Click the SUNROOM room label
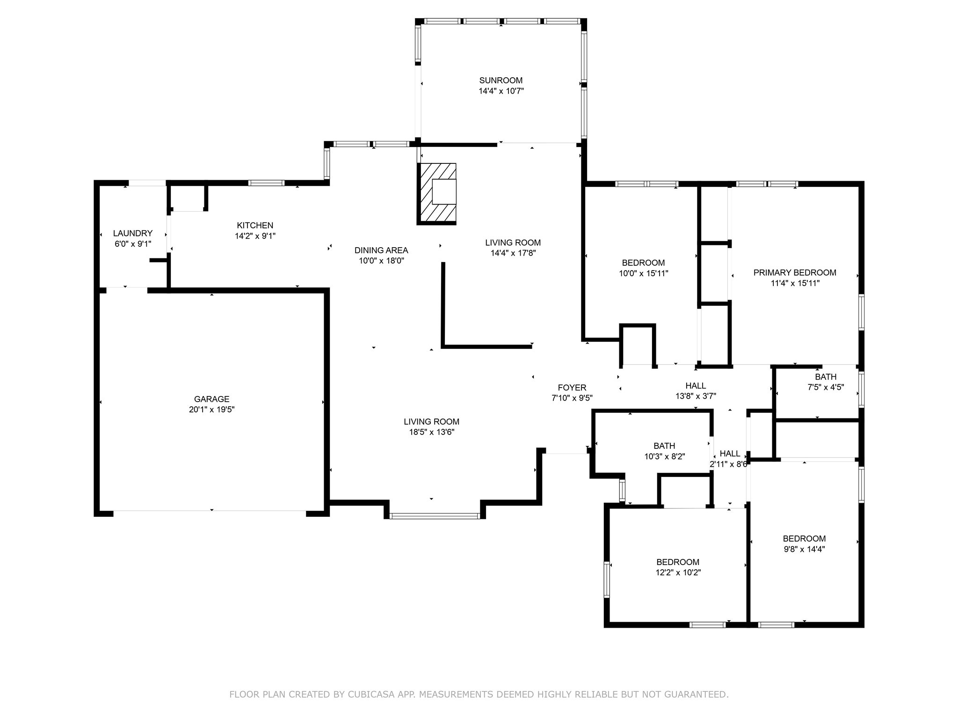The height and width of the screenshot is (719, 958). (x=501, y=81)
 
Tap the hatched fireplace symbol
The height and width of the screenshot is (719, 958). (x=437, y=193)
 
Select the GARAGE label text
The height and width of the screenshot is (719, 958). (x=211, y=399)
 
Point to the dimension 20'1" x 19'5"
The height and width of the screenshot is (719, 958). (x=211, y=410)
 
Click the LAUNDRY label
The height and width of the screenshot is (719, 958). (x=133, y=233)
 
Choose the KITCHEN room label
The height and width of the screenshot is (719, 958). (x=255, y=225)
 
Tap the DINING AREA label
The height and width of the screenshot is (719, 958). (x=381, y=250)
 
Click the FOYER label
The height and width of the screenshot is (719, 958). (x=572, y=388)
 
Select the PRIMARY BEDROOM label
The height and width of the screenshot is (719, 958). (x=795, y=272)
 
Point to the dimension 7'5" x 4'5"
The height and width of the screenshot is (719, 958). (x=826, y=387)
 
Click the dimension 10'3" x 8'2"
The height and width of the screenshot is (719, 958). (x=664, y=456)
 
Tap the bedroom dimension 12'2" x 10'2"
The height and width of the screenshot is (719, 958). (x=678, y=572)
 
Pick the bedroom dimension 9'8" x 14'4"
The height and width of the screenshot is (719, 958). (x=804, y=549)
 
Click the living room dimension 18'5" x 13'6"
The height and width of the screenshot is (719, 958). (x=431, y=432)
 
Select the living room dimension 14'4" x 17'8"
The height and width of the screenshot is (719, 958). (x=513, y=253)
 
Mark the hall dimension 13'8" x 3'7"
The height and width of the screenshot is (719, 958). (x=696, y=396)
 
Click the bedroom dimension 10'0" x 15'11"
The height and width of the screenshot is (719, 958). (x=643, y=273)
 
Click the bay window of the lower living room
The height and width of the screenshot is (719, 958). (x=435, y=516)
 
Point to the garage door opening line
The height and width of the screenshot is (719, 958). (x=210, y=511)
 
